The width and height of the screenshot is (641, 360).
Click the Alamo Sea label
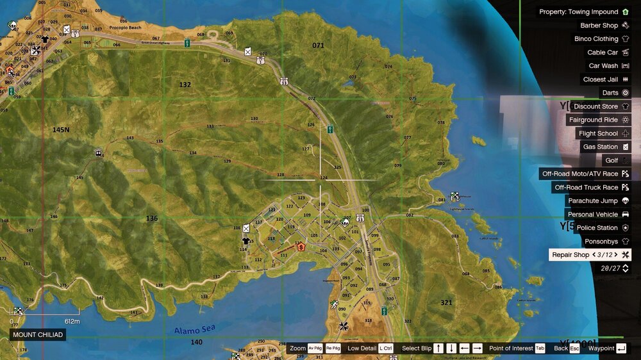click(195, 330)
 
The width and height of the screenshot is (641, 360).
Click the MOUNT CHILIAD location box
click(38, 335)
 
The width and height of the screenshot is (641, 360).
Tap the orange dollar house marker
click(300, 247)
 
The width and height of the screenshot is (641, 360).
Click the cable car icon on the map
click(98, 154)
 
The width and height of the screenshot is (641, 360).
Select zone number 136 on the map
click(152, 218)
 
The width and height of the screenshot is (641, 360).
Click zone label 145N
click(61, 129)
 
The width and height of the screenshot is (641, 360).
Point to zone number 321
click(446, 302)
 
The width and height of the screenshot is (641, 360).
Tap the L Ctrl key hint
click(385, 348)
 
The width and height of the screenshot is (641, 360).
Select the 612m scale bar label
click(72, 321)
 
